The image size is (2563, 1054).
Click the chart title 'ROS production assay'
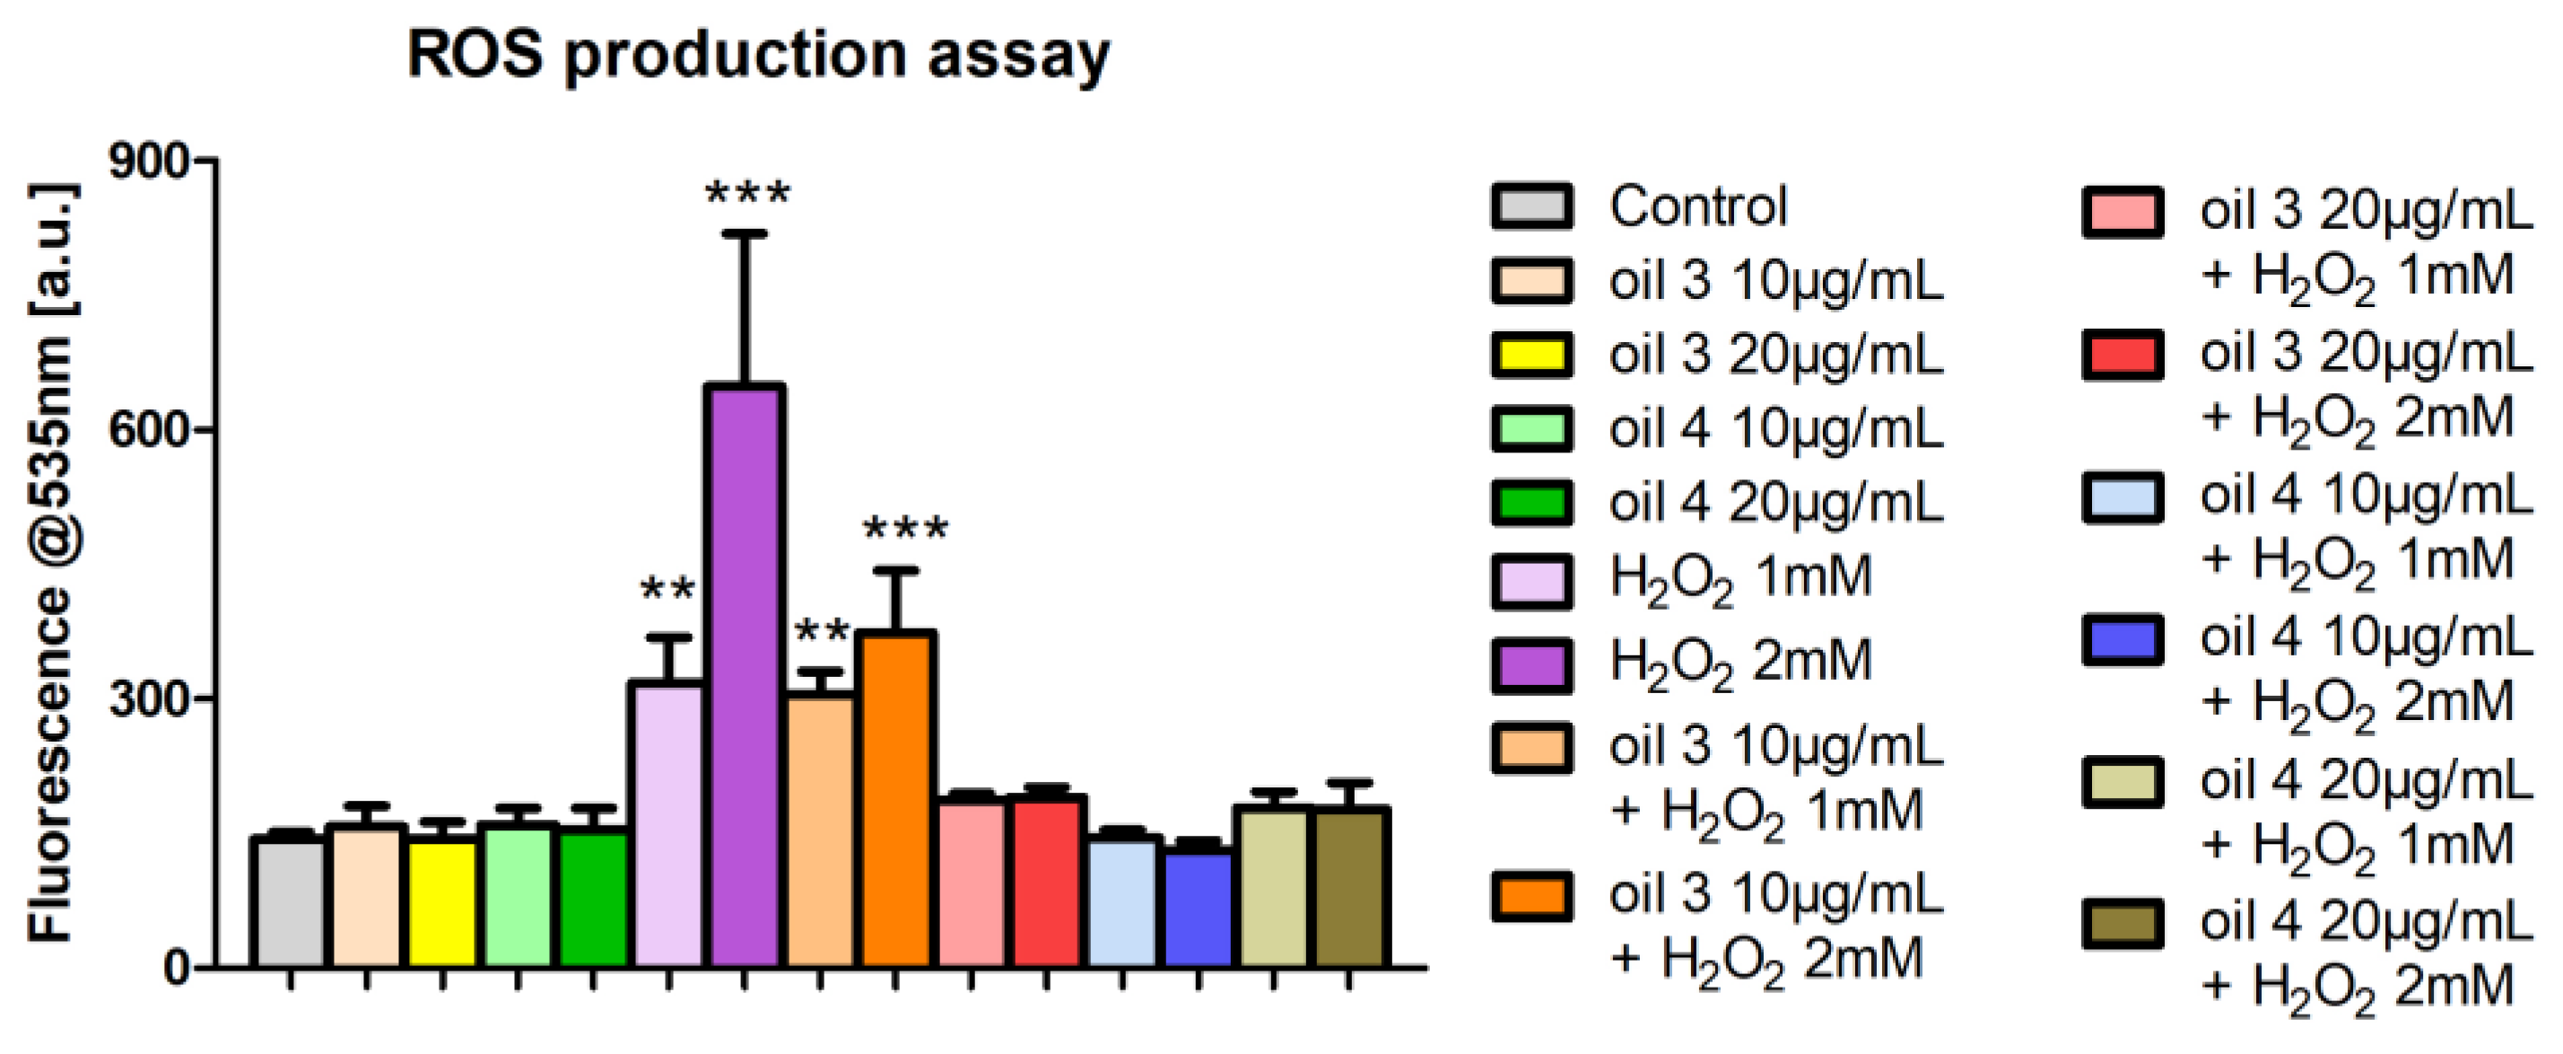758,55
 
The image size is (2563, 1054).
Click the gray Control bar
290,901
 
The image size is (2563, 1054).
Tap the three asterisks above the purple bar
747,193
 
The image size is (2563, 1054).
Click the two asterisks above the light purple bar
667,590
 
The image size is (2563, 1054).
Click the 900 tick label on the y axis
148,162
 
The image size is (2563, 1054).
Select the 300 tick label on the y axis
148,698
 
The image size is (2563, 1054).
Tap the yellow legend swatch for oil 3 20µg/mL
1532,356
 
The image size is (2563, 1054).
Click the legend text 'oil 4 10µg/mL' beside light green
1776,430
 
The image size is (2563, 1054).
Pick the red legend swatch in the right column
2123,356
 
